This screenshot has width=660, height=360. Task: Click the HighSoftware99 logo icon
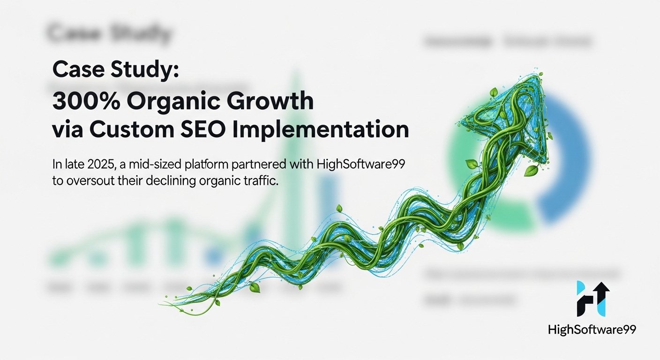[x=592, y=299]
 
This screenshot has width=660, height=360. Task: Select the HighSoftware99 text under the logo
[x=592, y=330]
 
